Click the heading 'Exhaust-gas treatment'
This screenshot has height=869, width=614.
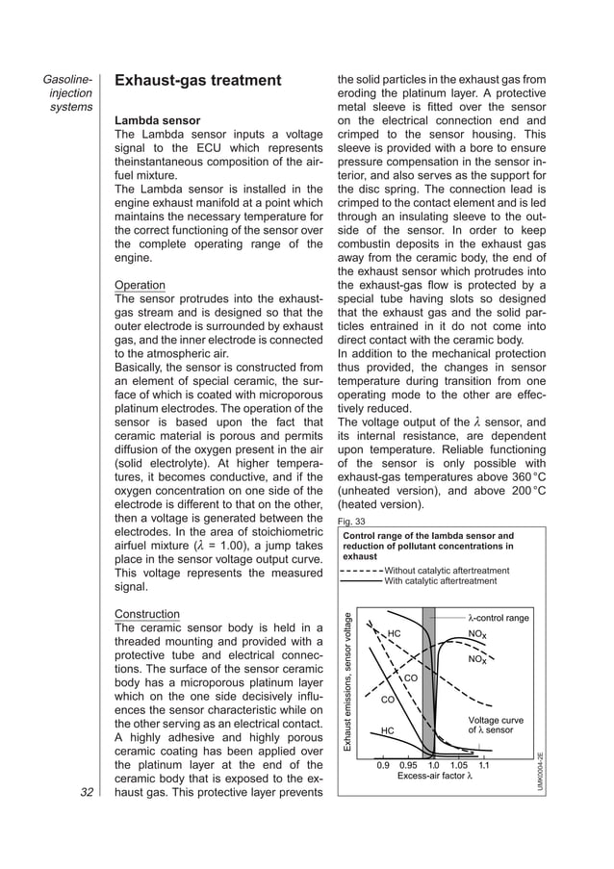[197, 80]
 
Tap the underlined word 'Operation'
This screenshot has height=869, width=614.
[140, 286]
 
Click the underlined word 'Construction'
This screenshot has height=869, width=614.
[147, 614]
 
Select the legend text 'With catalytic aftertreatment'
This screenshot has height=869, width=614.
[440, 581]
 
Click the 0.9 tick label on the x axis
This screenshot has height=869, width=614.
[382, 766]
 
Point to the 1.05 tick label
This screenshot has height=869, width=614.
[458, 766]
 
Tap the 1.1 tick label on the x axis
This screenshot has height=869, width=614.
[484, 766]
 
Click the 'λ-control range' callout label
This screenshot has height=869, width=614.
[498, 618]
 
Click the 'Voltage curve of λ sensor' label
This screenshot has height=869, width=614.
[496, 725]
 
